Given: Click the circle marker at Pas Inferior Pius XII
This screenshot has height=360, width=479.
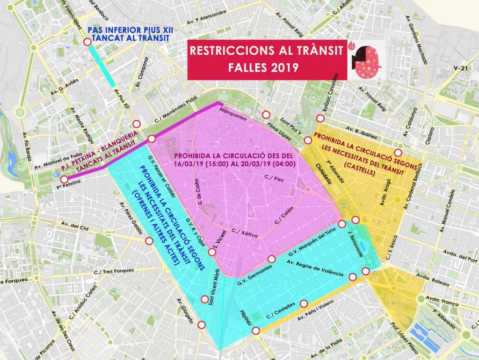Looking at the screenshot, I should (87, 43).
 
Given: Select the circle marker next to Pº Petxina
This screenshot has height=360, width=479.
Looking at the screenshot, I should (64, 179).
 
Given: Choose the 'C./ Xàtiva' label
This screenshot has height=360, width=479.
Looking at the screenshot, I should (245, 233).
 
